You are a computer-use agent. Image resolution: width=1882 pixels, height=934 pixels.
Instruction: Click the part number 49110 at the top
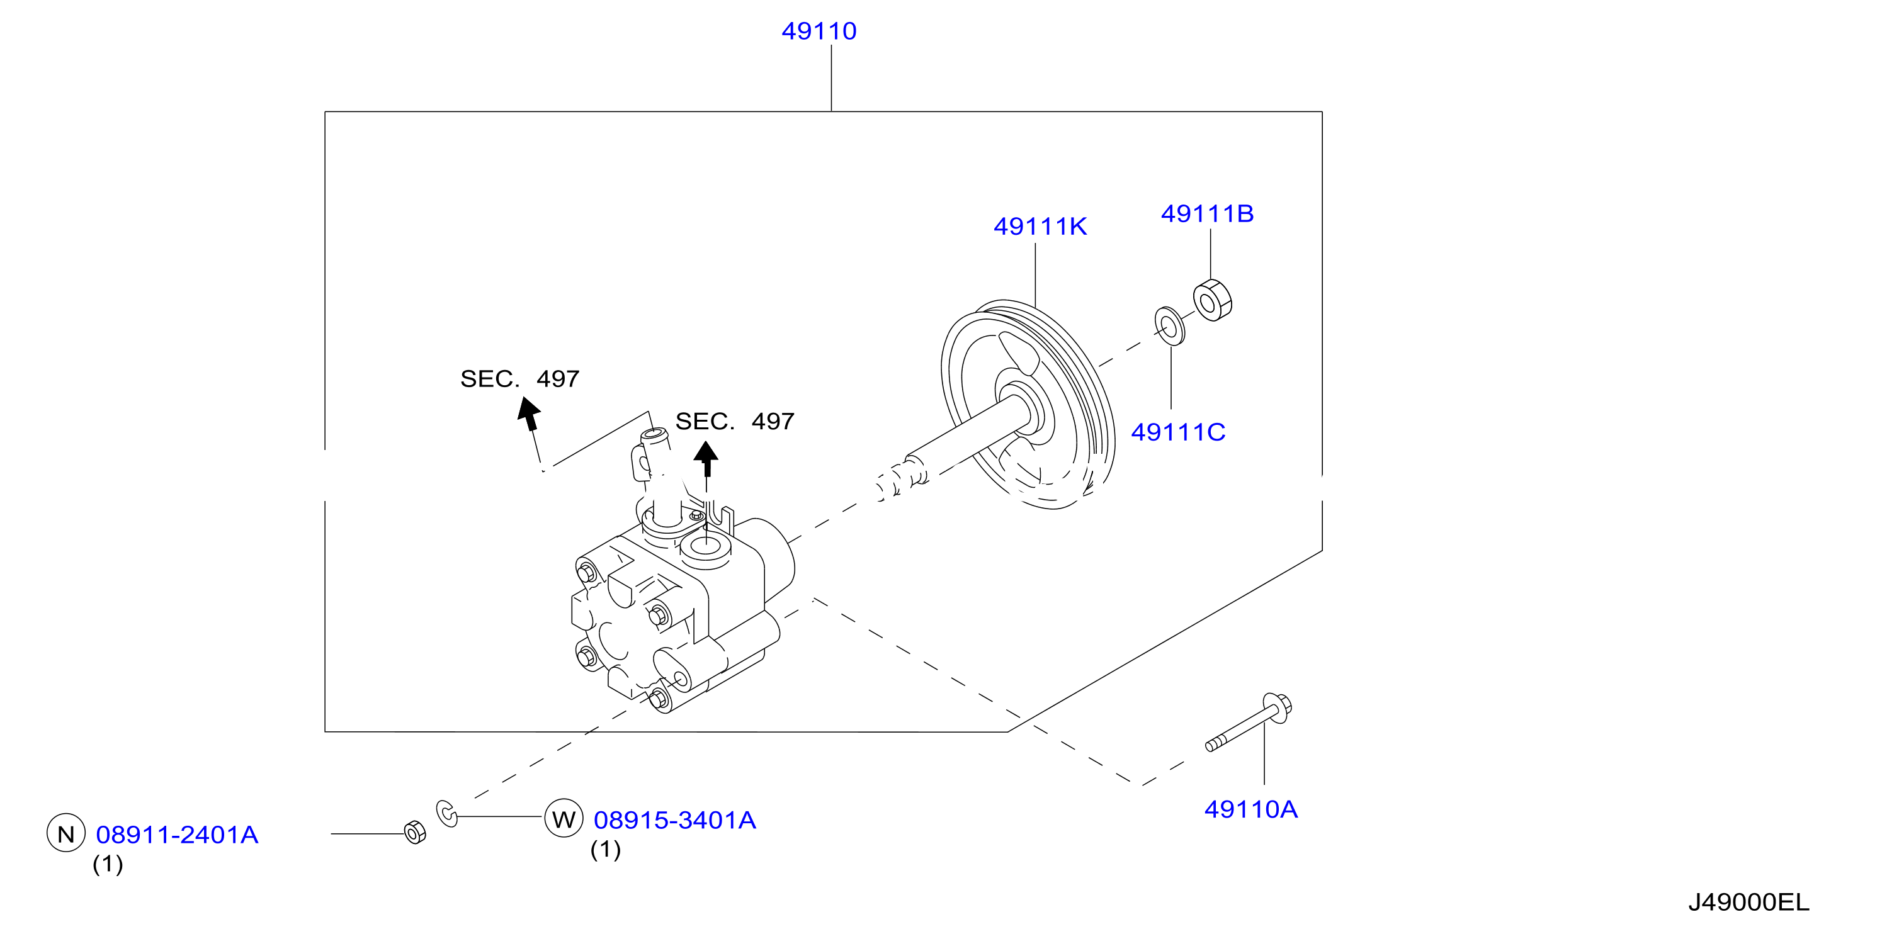pyautogui.click(x=819, y=31)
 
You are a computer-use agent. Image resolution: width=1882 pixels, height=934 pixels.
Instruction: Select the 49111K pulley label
pyautogui.click(x=1040, y=227)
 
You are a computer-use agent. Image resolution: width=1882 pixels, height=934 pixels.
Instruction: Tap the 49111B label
pyautogui.click(x=1207, y=213)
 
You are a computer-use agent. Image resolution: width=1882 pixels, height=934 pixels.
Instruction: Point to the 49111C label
pyautogui.click(x=1177, y=432)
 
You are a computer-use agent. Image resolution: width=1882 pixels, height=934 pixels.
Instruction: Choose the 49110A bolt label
pyautogui.click(x=1250, y=809)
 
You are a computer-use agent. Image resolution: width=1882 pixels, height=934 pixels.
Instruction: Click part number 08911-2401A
pyautogui.click(x=177, y=835)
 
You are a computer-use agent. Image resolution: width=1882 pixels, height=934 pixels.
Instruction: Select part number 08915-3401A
pyautogui.click(x=674, y=820)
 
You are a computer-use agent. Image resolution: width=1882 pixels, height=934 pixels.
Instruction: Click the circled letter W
pyautogui.click(x=564, y=819)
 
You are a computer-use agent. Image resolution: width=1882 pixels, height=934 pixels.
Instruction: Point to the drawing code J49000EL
pyautogui.click(x=1749, y=903)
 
